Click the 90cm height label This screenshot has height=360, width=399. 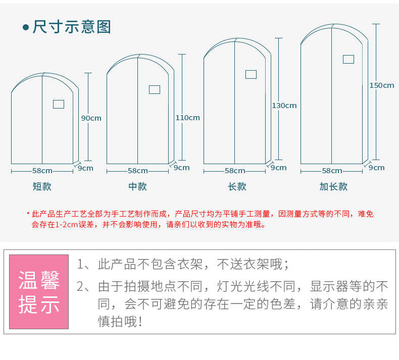[91, 118]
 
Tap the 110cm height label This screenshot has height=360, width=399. [187, 118]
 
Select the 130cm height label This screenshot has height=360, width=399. [284, 106]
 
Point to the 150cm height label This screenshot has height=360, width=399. [381, 85]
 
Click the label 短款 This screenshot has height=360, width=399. [42, 186]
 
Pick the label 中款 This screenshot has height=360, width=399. [137, 186]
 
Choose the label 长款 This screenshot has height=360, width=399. [237, 186]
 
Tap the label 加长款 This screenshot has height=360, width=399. [333, 186]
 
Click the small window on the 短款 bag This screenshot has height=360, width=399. [59, 105]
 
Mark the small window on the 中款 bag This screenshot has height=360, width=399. [155, 89]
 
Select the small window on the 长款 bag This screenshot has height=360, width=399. [251, 74]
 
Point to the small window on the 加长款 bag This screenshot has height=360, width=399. [348, 59]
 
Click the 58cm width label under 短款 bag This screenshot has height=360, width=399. [42, 171]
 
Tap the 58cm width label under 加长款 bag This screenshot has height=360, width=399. [332, 171]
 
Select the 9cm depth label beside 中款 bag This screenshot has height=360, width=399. [182, 168]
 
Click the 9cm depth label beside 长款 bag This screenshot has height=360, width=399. [278, 168]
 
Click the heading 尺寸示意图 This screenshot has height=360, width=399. [71, 27]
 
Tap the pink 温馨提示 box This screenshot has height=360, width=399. [39, 292]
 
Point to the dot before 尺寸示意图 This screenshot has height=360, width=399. [26, 27]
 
